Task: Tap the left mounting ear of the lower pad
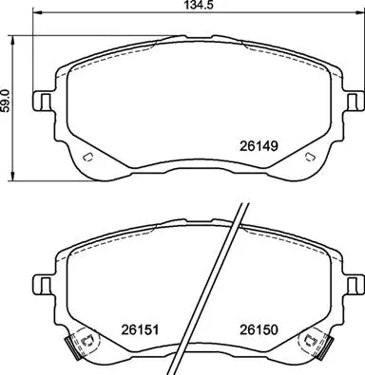(x=43, y=283)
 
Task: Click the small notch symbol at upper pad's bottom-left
(x=86, y=158)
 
